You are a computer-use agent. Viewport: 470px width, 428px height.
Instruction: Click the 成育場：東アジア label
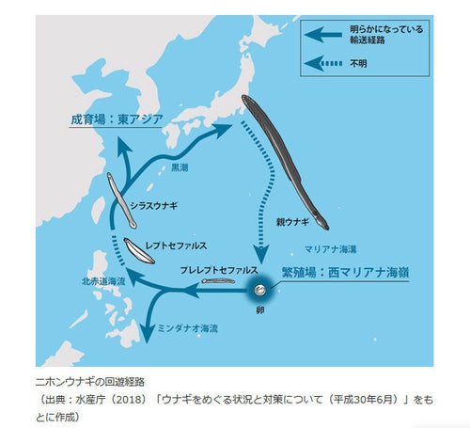pos(117,119)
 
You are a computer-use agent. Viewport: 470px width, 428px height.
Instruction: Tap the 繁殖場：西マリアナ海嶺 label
pos(344,271)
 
